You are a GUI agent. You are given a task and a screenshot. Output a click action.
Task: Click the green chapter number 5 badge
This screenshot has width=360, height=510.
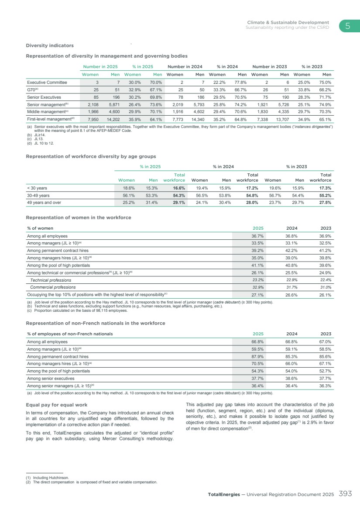[x=347, y=26]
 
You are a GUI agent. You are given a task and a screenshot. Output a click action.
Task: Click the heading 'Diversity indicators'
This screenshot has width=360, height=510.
[x=50, y=45]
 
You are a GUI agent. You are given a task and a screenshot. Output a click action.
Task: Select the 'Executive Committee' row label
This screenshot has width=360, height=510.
[x=47, y=82]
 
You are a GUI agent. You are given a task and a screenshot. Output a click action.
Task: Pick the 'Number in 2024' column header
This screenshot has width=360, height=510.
[x=185, y=66]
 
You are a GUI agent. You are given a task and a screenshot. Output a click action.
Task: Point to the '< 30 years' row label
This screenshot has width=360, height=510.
[x=38, y=188]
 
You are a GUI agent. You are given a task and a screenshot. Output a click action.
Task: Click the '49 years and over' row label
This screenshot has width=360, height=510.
[x=45, y=203]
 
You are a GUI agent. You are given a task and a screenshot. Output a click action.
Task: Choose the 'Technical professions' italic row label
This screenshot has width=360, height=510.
[x=51, y=280]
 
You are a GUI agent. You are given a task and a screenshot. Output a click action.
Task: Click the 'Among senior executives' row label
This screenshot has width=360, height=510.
[x=51, y=379]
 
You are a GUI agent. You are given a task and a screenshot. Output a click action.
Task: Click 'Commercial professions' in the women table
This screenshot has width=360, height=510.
[x=53, y=287]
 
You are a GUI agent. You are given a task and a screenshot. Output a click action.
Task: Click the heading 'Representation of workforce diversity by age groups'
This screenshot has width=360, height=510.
[x=91, y=156]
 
